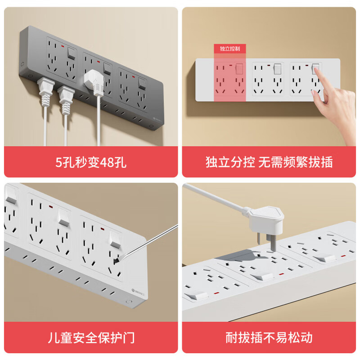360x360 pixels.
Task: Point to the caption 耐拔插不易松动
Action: coord(269,337)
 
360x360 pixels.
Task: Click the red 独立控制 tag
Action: coord(229,49)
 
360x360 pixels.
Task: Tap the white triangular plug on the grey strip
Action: coord(96,81)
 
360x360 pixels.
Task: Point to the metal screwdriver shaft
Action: coord(148,243)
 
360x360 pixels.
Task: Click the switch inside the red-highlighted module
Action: coord(239,69)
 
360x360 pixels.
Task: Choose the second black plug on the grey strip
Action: coord(66,96)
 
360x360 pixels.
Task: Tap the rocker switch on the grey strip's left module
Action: coord(71,54)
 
